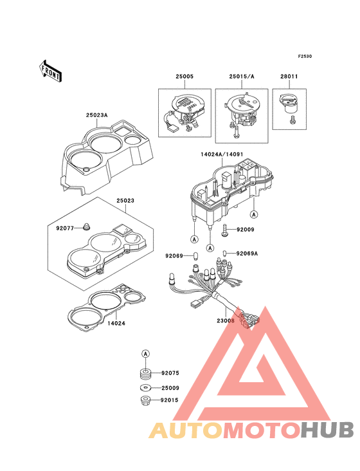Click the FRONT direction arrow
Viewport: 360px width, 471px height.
point(50,71)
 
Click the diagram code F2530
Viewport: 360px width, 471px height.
point(305,56)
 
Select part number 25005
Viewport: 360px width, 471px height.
point(184,77)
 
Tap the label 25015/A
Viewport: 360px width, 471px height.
point(242,77)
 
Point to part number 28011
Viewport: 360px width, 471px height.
point(289,77)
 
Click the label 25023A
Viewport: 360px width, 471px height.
point(96,115)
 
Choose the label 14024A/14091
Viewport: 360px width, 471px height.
point(222,154)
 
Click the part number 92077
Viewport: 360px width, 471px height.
point(65,228)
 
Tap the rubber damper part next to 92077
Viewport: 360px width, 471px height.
point(86,227)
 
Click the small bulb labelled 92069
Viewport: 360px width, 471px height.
point(196,256)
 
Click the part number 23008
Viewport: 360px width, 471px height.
point(226,321)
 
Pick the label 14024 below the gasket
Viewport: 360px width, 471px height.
point(116,324)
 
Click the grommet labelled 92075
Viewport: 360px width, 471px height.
point(145,374)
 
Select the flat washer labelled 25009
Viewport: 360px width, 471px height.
point(145,388)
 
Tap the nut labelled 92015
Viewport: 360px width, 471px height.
point(145,400)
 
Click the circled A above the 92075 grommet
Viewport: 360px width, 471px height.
point(145,354)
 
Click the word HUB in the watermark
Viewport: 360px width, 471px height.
point(327,430)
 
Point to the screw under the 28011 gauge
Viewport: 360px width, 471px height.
point(292,120)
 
